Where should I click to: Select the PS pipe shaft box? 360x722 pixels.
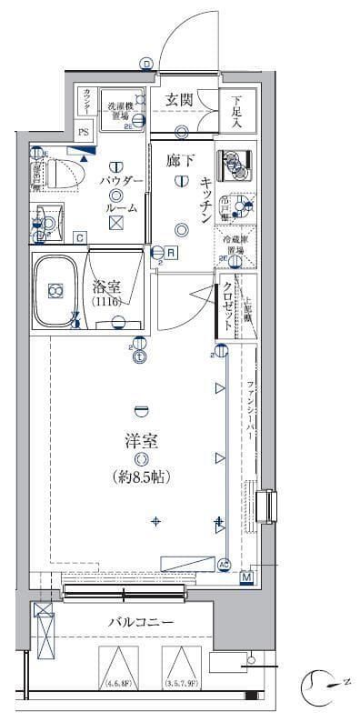(x=84, y=131)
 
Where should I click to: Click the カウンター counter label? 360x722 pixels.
(x=85, y=100)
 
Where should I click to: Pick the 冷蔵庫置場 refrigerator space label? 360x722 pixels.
(x=235, y=246)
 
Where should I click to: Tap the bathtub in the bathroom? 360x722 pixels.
(x=58, y=293)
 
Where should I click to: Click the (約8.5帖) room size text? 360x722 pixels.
(x=142, y=476)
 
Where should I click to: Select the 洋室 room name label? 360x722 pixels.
(x=141, y=442)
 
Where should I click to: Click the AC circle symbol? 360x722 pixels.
(x=225, y=563)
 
